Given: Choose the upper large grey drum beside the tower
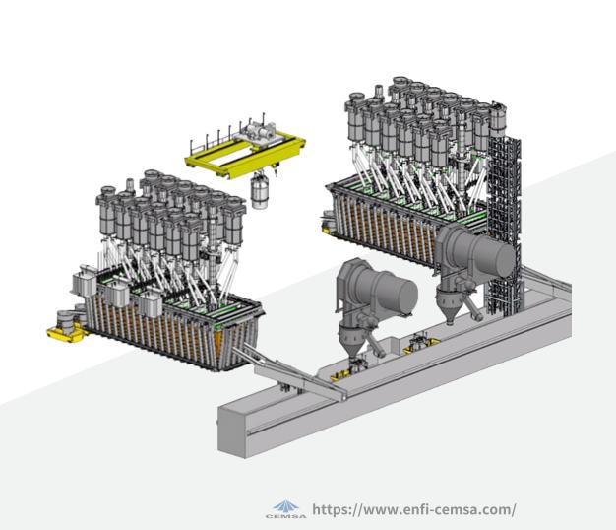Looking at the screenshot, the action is [475, 251].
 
